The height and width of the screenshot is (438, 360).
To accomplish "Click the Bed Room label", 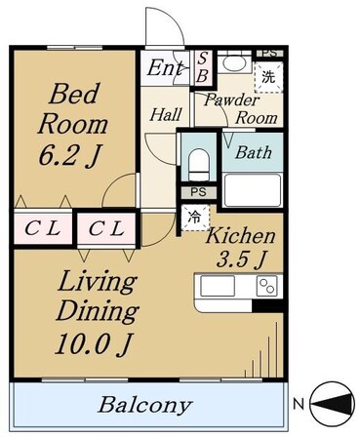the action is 73,108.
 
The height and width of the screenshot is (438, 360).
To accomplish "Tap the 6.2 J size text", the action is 68,154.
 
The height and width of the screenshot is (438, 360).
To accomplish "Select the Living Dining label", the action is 98,296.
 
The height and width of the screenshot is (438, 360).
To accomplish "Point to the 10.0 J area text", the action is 95,344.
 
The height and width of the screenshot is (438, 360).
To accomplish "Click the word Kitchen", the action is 240,235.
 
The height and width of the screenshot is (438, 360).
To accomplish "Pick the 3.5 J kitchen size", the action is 242,259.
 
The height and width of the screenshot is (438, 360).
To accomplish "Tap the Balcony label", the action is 145,405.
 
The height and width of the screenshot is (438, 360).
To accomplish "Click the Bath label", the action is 254,152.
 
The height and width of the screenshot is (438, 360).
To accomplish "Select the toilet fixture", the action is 199,165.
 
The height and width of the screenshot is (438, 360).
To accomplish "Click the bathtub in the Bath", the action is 253,190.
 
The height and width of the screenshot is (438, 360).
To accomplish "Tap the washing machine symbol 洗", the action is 268,77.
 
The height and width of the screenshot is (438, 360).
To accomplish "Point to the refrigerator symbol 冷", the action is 195,218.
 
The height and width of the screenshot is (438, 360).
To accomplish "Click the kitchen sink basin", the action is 218,286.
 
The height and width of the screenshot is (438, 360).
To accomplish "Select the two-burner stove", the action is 267,286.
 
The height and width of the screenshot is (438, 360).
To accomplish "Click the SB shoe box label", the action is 202,68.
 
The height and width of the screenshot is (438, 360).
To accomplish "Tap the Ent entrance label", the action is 165,68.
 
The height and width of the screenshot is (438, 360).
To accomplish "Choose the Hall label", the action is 166,115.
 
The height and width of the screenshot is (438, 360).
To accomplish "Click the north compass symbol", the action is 332,404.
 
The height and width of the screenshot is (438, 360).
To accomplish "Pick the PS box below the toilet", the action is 198,192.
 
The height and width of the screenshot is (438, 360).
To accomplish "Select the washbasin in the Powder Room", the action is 234,64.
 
